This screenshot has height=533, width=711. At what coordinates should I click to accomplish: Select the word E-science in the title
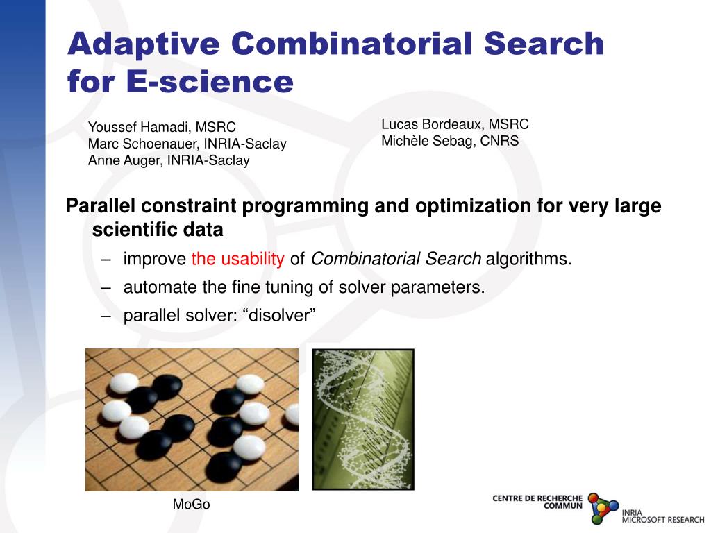pos(210,82)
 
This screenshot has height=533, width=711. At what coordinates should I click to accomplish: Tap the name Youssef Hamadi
pos(138,127)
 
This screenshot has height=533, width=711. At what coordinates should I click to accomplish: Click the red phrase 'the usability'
pos(237,260)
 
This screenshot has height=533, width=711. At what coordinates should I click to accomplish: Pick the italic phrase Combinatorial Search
pos(396,260)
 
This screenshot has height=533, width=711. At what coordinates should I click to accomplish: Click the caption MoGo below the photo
pos(191,505)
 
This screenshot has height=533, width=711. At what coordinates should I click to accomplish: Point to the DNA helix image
pos(362,419)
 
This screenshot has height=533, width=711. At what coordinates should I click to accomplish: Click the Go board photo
pos(192,419)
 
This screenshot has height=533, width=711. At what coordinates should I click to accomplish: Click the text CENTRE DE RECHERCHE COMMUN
pos(537,502)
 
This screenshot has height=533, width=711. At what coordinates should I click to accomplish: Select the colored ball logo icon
pos(602,507)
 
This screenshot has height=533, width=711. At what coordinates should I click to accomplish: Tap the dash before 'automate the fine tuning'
pos(106,288)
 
